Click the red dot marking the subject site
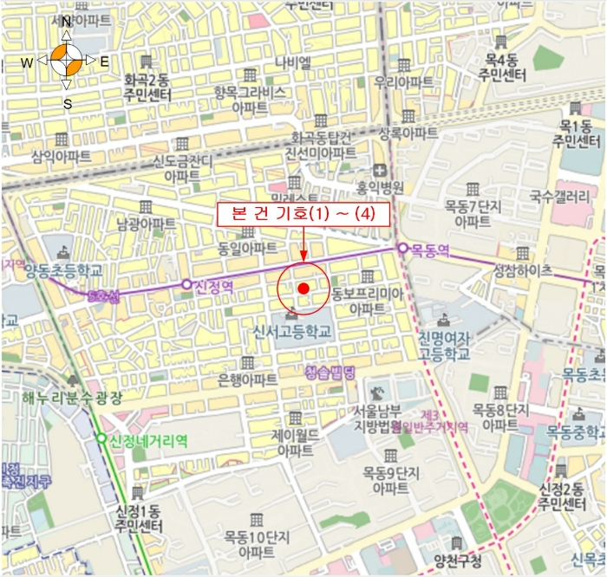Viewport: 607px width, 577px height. click(x=303, y=288)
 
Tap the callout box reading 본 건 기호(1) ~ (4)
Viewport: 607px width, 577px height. click(x=303, y=215)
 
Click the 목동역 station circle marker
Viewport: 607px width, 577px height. click(x=402, y=249)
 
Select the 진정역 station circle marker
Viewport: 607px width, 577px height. click(x=186, y=284)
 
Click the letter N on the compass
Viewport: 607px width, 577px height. click(x=66, y=23)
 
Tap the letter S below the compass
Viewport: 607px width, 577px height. click(x=67, y=105)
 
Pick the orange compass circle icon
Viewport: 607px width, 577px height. click(x=67, y=62)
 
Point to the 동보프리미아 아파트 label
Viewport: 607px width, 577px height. click(x=368, y=301)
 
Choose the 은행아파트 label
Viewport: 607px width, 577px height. click(x=247, y=379)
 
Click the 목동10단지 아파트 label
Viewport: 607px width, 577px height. click(x=257, y=543)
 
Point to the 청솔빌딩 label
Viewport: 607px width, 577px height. click(x=330, y=373)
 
